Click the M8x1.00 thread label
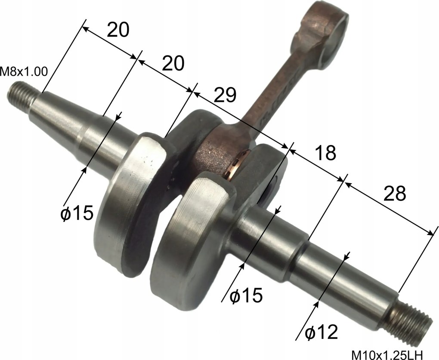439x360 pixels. pos(24,71)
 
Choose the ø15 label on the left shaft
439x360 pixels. pos(77,213)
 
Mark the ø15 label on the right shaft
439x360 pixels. pos(246,296)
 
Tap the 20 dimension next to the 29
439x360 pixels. pos(173,64)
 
